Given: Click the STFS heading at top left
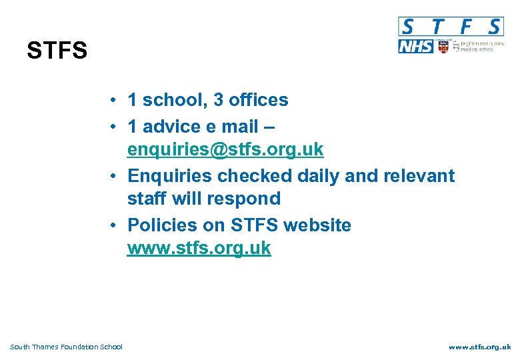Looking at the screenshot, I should tap(57, 51).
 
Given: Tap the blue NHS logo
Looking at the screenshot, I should tap(415, 47).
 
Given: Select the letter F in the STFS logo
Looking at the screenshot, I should tap(466, 27).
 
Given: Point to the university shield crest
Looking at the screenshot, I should tap(443, 47).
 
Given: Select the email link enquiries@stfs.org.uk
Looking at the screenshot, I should tap(225, 149).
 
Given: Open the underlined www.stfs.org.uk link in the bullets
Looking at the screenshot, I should tap(199, 248).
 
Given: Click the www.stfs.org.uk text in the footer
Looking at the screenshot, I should tap(479, 347).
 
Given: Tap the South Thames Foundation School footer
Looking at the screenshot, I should tap(67, 347).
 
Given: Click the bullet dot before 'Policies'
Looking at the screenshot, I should tap(115, 225).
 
